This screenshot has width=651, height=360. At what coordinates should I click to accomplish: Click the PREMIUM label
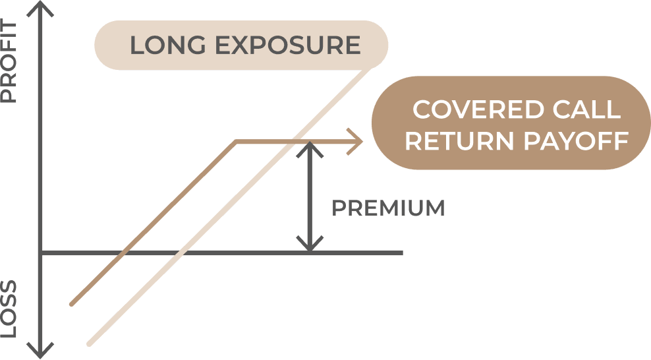[x=388, y=208]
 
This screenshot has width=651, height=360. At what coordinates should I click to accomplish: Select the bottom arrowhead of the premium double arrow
[x=309, y=246]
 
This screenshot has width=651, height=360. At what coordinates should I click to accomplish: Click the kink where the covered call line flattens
[x=235, y=141]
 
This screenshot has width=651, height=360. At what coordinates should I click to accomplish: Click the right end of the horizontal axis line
[x=401, y=253]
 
